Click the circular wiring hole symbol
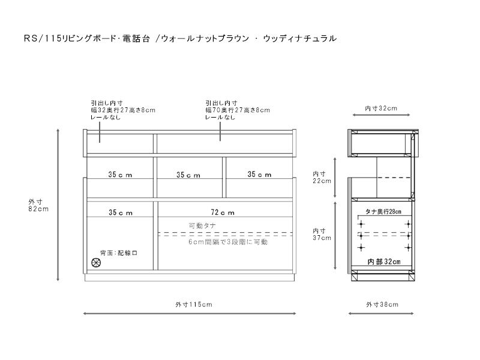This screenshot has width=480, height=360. coord(95,262)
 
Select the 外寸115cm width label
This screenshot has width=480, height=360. coord(190,304)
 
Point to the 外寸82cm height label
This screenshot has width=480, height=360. coord(38,205)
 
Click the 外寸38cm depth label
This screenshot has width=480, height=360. coord(382,304)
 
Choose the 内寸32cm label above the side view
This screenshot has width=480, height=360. coord(381,109)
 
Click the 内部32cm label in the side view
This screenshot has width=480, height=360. coord(383,262)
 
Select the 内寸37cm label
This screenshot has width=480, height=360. coord(322,234)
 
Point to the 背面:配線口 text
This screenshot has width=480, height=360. coord(119,253)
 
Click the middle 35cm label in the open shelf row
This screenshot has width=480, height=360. coord(188,175)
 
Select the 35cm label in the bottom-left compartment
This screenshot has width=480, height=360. coord(121,212)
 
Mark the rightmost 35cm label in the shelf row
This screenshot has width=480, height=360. coord(260,175)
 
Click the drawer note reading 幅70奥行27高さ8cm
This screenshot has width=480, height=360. coord(238,110)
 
